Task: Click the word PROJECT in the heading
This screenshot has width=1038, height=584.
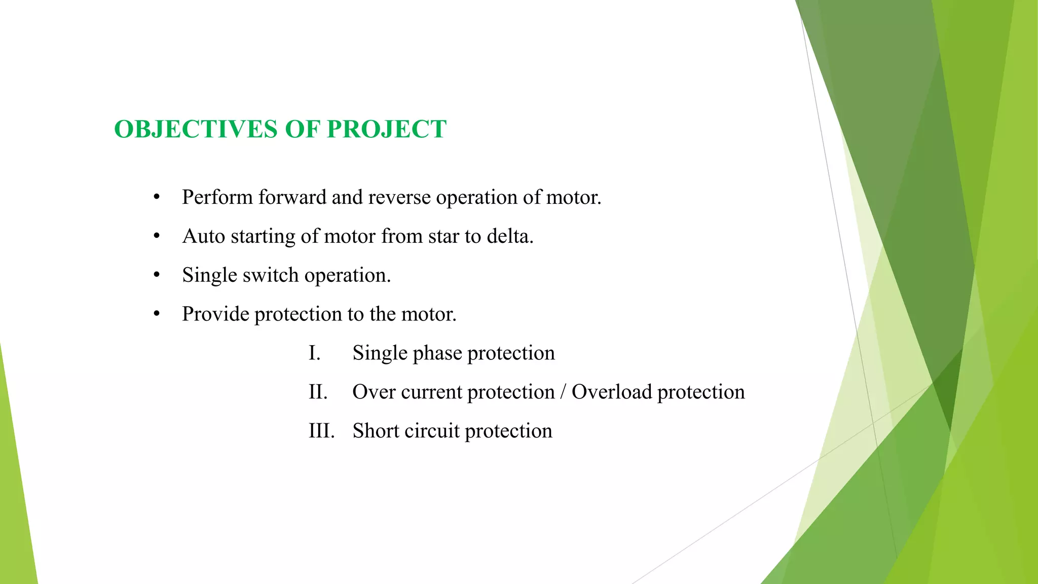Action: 386,129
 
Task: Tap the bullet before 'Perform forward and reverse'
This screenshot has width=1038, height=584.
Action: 157,197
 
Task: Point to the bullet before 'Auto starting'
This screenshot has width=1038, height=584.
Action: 157,236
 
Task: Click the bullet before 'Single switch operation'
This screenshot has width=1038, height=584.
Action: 157,275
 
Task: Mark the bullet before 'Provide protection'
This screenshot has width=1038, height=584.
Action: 157,314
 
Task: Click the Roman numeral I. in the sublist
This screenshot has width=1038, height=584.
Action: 314,353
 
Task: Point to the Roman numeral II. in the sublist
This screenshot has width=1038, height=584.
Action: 318,392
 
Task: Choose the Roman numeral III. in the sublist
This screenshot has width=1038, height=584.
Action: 321,431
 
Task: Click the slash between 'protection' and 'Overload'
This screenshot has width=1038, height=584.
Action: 563,392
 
